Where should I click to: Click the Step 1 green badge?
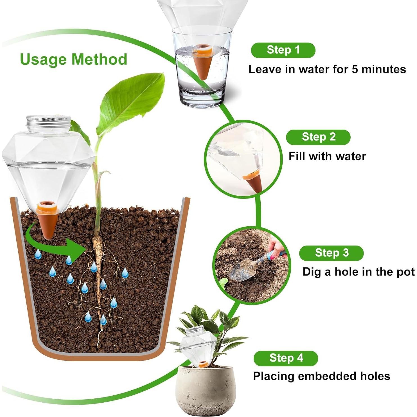283,50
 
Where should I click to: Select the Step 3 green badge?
331,253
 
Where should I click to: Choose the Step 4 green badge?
286,358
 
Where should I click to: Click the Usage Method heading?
73,59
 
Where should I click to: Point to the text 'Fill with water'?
327,156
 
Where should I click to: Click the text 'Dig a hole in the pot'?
358,272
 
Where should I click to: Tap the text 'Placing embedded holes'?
321,376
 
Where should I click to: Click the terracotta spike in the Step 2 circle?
254,183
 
